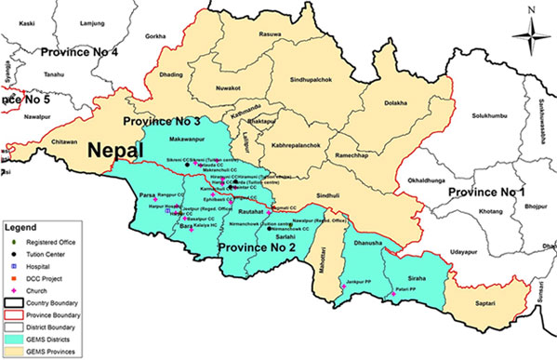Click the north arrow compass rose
[529, 35]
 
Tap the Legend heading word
[21, 225]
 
